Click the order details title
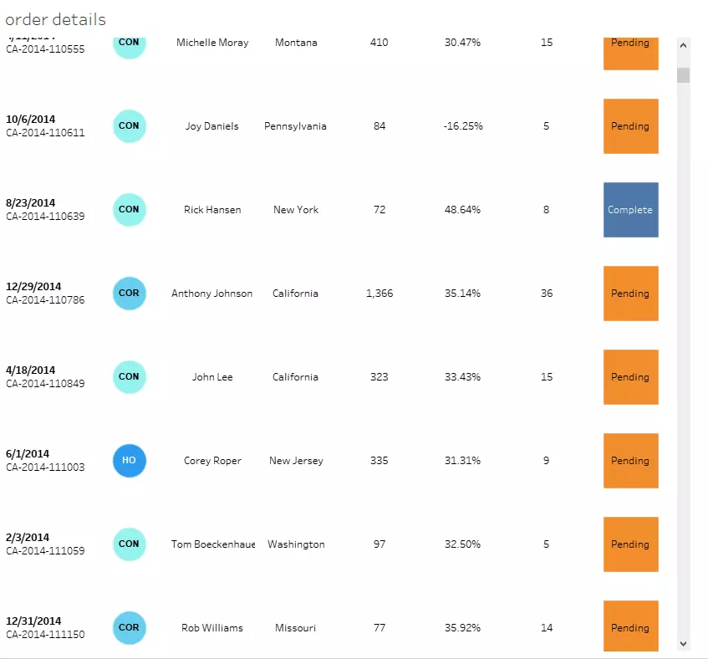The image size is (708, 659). (56, 19)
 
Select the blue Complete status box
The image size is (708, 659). (630, 210)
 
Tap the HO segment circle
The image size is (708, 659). (129, 461)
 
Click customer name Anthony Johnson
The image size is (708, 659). (211, 294)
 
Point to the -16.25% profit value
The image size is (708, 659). (462, 126)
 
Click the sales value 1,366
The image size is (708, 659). (379, 294)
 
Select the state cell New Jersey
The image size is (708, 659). (296, 461)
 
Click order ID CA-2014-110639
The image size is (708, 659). (45, 217)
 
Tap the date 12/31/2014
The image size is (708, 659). (33, 621)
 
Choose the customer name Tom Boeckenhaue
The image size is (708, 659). (213, 544)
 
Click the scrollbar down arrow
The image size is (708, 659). (683, 643)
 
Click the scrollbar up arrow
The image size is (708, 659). (683, 46)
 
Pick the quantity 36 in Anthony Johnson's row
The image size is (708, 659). (546, 294)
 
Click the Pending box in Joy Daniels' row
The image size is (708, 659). (630, 126)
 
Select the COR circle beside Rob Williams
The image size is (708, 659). (129, 628)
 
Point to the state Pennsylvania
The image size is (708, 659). (295, 126)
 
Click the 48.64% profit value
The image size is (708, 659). (462, 210)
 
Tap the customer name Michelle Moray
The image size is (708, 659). (212, 43)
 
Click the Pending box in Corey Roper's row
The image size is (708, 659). (630, 461)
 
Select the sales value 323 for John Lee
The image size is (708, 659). (379, 377)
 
